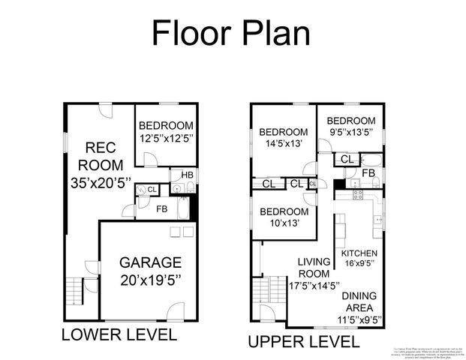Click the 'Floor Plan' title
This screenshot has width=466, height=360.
point(230,34)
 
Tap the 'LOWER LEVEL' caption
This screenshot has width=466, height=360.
point(119,334)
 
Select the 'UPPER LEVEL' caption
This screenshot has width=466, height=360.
point(303,342)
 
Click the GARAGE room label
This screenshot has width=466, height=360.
point(150,263)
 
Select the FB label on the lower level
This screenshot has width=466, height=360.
point(161,209)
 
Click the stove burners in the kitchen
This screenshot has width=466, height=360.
point(358,195)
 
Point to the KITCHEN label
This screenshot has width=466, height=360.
point(359,253)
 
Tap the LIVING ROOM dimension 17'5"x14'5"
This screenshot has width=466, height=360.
point(314,285)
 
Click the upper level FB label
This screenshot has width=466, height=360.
point(368,173)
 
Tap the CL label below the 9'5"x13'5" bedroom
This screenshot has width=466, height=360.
point(347,159)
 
